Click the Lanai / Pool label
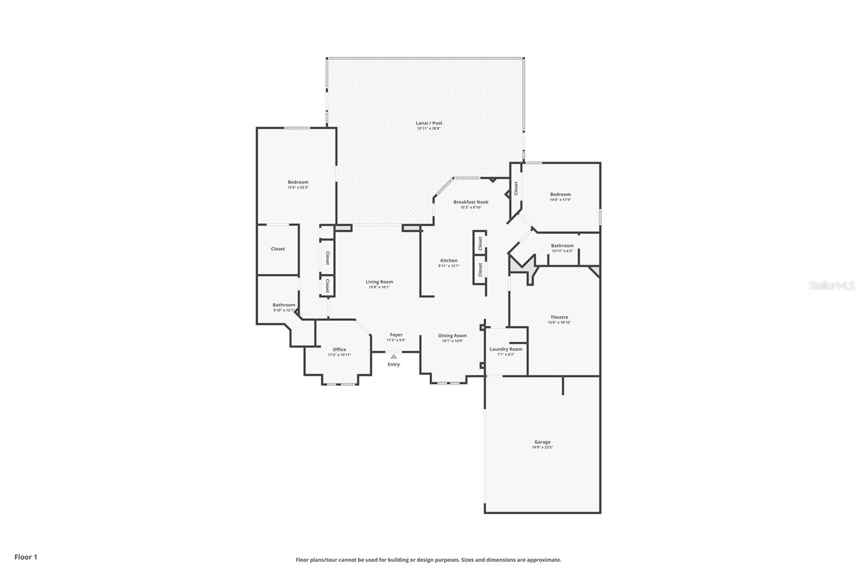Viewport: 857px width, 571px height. pos(429,123)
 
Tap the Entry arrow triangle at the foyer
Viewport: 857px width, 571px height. pos(394,356)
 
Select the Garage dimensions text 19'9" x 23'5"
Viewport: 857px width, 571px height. pos(542,447)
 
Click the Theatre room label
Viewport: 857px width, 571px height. pos(559,317)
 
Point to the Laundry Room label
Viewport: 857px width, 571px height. pos(506,349)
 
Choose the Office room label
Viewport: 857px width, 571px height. pos(339,350)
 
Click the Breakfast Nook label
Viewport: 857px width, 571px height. pos(471,202)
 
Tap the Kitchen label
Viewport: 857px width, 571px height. pos(449,261)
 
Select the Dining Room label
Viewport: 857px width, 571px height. pos(453,336)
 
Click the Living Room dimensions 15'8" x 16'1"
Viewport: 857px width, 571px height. pos(379,287)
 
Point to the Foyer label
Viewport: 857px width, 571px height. pos(396,335)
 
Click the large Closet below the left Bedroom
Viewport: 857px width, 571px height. pos(277,249)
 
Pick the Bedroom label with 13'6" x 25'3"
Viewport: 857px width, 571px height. pos(298,182)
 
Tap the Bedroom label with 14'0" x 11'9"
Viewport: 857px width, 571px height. pos(560,194)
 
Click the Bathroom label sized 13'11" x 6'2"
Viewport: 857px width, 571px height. pos(562,246)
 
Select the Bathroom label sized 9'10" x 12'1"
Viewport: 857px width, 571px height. pos(284,305)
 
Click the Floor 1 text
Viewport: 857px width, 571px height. pos(26,557)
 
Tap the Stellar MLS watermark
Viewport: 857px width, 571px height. pos(831,285)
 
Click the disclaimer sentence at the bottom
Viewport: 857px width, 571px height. pos(428,560)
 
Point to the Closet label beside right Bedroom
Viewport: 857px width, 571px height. pos(516,188)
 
